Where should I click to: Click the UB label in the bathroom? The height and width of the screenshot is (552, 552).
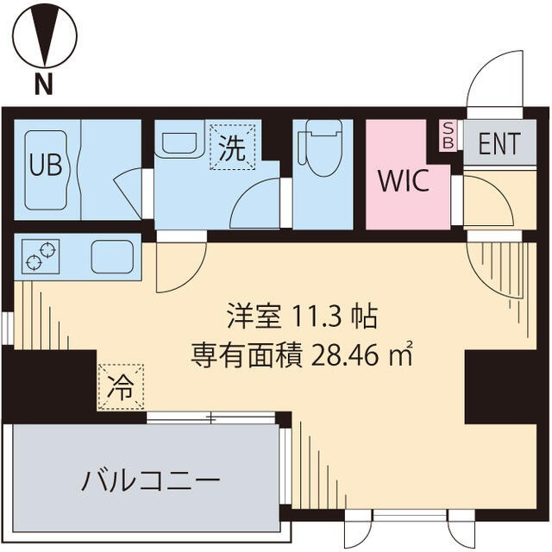(46, 165)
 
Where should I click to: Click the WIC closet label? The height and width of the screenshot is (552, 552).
(401, 182)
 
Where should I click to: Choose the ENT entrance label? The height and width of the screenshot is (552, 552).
(499, 144)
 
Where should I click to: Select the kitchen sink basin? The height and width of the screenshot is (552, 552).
(111, 256)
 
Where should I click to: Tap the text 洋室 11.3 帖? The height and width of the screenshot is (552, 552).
(301, 317)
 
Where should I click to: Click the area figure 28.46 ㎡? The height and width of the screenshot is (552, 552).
(361, 354)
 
